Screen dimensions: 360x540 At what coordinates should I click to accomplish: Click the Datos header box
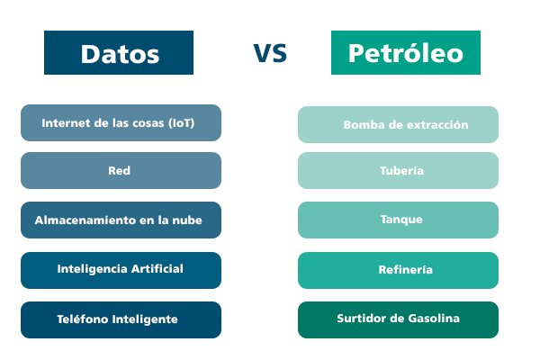pyautogui.click(x=119, y=53)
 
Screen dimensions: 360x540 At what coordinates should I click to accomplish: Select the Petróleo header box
pyautogui.click(x=405, y=53)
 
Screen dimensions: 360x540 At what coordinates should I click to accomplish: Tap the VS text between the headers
pyautogui.click(x=270, y=53)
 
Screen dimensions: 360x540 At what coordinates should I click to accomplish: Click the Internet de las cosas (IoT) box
pyautogui.click(x=121, y=122)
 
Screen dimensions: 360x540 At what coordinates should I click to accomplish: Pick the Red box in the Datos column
pyautogui.click(x=121, y=170)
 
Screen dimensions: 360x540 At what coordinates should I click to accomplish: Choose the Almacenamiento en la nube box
pyautogui.click(x=121, y=220)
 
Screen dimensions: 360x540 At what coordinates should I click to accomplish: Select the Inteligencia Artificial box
pyautogui.click(x=121, y=269)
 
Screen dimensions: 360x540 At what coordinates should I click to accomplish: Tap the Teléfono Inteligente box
pyautogui.click(x=121, y=319)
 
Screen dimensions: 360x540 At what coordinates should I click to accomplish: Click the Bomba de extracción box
pyautogui.click(x=398, y=124)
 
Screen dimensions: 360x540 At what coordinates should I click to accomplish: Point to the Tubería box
pyautogui.click(x=398, y=170)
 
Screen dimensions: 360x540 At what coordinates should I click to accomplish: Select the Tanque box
pyautogui.click(x=398, y=220)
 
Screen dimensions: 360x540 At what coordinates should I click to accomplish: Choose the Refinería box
pyautogui.click(x=398, y=270)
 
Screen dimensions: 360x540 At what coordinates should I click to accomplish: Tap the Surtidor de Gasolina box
pyautogui.click(x=398, y=319)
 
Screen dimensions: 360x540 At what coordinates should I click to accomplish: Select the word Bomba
pyautogui.click(x=362, y=125)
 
